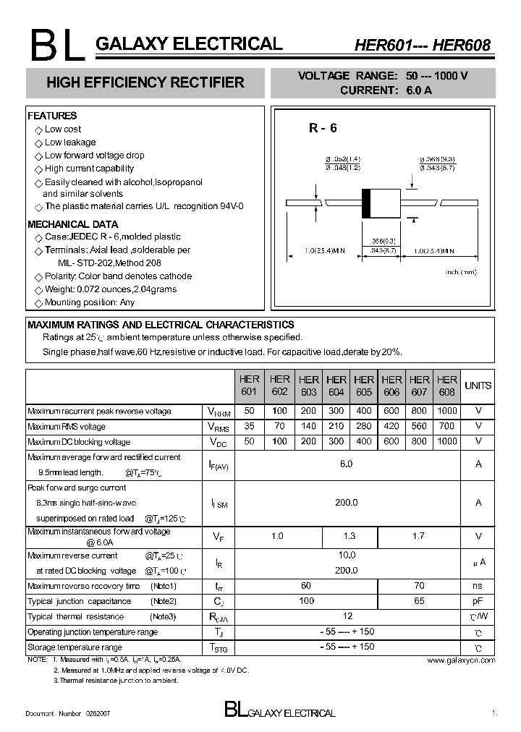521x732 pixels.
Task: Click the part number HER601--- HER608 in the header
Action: point(422,45)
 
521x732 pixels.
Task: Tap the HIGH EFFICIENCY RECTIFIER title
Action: point(145,83)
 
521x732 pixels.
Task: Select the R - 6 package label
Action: point(323,129)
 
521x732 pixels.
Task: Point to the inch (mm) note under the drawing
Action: point(461,272)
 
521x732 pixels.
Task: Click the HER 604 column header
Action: point(336,386)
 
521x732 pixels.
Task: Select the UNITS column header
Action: point(478,386)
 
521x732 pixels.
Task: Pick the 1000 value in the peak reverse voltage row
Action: point(447,411)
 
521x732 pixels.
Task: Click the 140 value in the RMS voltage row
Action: point(308,426)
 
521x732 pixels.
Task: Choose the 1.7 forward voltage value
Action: point(419,536)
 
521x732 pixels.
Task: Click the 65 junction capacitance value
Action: point(419,601)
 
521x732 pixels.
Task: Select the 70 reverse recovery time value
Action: point(419,585)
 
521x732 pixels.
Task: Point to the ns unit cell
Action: point(478,585)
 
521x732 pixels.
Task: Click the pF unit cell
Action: point(478,601)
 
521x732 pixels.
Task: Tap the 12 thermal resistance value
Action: point(347,616)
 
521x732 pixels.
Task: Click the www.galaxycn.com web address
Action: point(461,660)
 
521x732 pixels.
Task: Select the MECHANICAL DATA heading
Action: point(72,224)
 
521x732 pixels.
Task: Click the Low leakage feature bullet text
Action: point(70,142)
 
